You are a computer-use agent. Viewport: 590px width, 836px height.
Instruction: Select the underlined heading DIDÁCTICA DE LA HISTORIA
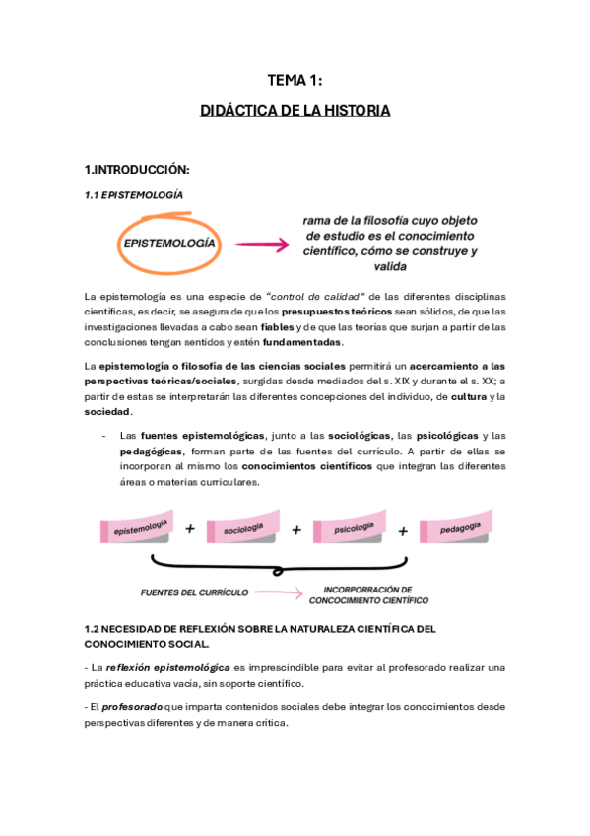point(295,111)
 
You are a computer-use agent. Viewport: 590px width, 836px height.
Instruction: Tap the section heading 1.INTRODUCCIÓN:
point(136,169)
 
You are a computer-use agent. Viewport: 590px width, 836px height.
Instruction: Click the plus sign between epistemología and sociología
point(190,529)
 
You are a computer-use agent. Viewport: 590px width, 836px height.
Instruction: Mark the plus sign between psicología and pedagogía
point(403,530)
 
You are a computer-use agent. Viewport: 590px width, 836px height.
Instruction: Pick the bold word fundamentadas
point(303,342)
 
